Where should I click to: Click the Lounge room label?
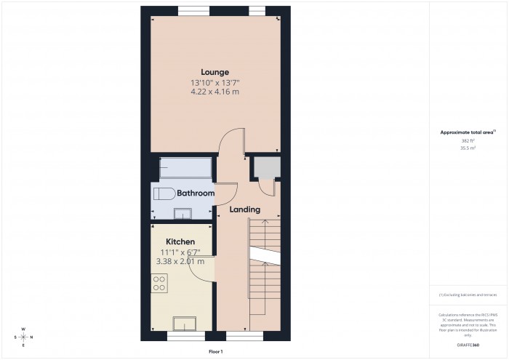[215, 72]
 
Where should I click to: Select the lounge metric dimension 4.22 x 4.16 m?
[215, 92]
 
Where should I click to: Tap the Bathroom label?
[196, 193]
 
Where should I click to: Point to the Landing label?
[245, 209]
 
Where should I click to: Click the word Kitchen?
[180, 241]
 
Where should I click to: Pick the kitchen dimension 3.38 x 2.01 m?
[180, 262]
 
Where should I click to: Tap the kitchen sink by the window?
[183, 324]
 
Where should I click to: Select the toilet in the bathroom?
[163, 193]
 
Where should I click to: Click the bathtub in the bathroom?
[185, 168]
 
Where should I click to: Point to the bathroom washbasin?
[182, 212]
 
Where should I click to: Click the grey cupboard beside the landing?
[263, 169]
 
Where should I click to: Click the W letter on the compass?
[23, 329]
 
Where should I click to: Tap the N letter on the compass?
[32, 337]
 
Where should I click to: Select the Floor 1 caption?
[215, 352]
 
